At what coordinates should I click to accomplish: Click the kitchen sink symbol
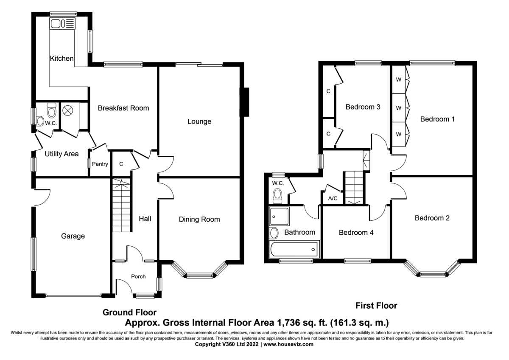[62, 24]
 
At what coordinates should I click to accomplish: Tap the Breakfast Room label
[123, 108]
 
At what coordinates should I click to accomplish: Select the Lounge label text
[199, 121]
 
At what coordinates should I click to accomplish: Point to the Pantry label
[100, 164]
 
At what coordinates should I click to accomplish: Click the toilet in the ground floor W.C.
[52, 110]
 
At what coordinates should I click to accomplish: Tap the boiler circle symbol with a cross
[67, 111]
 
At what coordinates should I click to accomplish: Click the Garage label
[73, 236]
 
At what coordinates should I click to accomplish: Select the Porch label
[138, 276]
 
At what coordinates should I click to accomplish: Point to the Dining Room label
[199, 219]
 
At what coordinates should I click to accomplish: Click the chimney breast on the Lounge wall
[245, 102]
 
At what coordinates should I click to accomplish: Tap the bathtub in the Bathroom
[294, 250]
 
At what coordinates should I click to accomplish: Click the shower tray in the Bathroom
[279, 216]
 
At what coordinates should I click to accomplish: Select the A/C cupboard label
[333, 199]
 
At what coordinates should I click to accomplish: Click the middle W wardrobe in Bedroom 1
[399, 108]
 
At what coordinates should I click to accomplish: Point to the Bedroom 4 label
[356, 232]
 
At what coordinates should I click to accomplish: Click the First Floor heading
[376, 306]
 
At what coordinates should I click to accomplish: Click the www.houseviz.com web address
[288, 344]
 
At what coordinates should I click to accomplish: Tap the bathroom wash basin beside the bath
[274, 233]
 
